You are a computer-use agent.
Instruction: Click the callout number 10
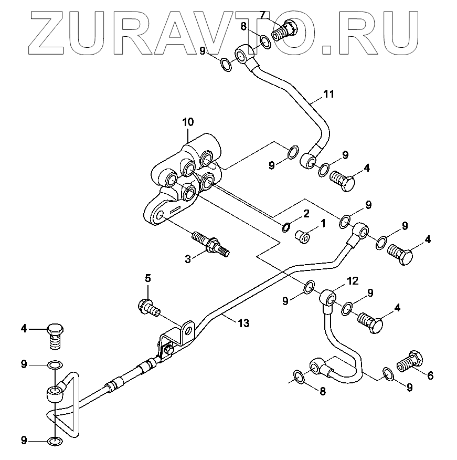(x=188, y=122)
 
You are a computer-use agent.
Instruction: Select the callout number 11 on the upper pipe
(x=328, y=95)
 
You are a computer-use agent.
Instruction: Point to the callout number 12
(x=353, y=281)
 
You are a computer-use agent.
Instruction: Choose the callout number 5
(x=148, y=278)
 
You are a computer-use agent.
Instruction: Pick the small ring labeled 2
(x=286, y=227)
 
